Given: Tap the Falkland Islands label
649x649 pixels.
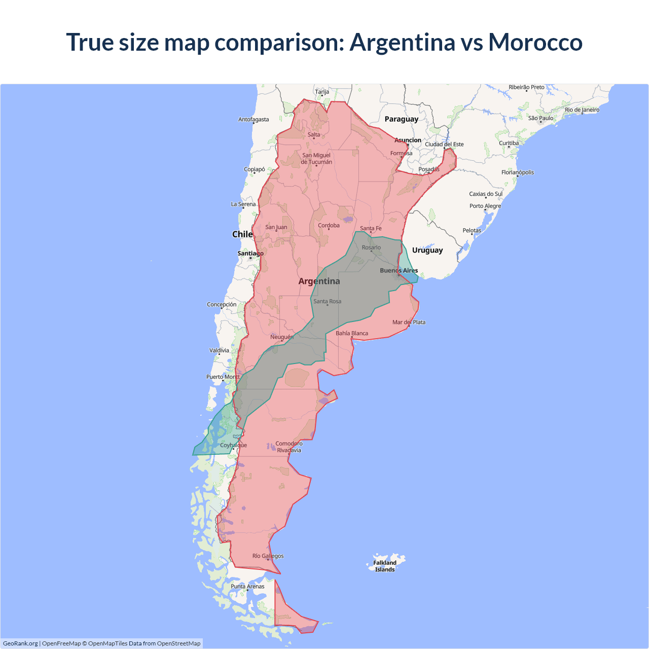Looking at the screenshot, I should point(385,566).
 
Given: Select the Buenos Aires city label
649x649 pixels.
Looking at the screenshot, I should point(399,270).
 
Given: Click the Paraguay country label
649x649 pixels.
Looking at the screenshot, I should point(401,119).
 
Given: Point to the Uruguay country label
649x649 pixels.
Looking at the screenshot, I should point(427,250).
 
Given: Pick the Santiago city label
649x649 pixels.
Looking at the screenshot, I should point(250,253).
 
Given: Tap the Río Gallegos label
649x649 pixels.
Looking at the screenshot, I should point(268,556).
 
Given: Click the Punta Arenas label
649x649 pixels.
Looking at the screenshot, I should point(247,586).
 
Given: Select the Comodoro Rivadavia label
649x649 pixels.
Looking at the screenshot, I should point(289,447).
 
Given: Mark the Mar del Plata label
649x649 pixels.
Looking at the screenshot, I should point(409,322).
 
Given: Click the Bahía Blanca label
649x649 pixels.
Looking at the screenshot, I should point(352,333).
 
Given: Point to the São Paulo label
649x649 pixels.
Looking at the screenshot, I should point(540,118).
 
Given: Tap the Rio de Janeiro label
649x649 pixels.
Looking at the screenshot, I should point(582,110).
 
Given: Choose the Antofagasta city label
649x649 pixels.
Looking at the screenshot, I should point(254,120).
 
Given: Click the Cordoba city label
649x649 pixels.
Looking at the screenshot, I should point(329,225).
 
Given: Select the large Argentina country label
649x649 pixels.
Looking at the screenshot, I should point(319,281).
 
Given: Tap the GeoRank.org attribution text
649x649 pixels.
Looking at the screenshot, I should point(20,643).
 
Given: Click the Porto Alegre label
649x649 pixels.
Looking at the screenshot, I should point(485,206).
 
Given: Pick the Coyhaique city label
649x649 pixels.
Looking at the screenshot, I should point(233,445).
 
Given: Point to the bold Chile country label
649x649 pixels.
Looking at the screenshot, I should point(242,234).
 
